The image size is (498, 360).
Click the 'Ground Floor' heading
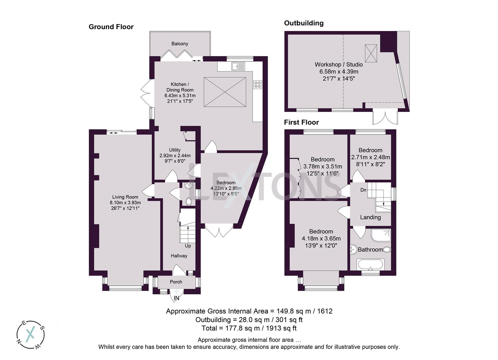[111, 27]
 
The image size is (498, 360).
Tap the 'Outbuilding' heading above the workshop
[303, 23]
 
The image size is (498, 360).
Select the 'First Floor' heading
[301, 122]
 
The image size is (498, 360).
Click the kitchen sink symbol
[239, 66]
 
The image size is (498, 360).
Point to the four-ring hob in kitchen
[257, 85]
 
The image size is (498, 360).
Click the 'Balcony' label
[180, 44]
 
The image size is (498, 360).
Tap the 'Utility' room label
[175, 150]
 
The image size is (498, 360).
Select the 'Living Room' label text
[125, 197]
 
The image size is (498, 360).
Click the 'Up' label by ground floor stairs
[188, 246]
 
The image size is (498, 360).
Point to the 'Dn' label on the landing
[363, 190]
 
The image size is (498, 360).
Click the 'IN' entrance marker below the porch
[176, 298]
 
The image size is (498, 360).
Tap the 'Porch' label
[176, 282]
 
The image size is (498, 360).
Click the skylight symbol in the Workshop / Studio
[371, 53]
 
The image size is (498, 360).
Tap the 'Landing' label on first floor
[370, 217]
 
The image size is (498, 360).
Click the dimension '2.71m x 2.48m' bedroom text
[370, 157]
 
